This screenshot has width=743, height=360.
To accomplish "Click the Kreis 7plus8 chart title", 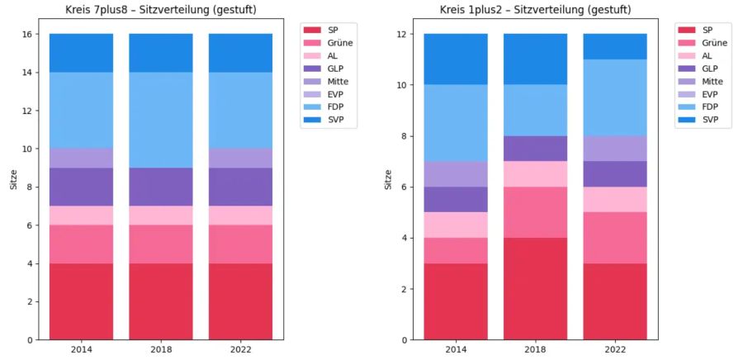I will tap(161, 11).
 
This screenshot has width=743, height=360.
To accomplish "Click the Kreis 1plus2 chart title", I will tap(536, 11).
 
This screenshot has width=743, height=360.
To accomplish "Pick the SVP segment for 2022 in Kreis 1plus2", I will tap(615, 46).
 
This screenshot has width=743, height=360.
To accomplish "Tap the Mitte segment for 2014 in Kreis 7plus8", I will tap(81, 159).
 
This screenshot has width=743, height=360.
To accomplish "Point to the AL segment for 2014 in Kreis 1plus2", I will tap(456, 225).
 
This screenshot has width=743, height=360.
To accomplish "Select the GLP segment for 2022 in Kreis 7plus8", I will tap(240, 187).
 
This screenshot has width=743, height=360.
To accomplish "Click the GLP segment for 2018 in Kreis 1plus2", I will tap(536, 149).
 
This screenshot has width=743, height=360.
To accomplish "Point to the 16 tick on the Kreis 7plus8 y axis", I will tap(26, 35).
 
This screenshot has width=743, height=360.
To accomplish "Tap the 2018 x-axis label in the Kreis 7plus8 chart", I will tap(161, 349).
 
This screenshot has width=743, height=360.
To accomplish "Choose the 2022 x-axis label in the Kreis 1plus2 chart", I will tap(615, 349).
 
